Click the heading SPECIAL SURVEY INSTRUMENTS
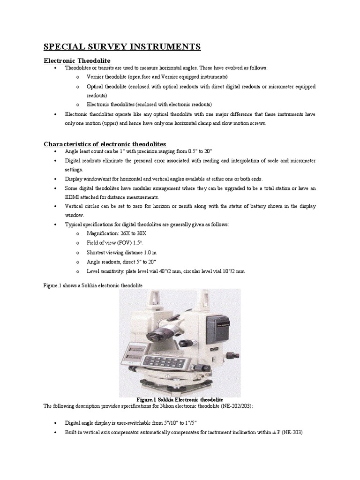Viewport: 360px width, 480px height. point(122,46)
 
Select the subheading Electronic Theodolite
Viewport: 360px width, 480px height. point(77,60)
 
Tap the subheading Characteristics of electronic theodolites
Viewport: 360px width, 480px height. point(105,143)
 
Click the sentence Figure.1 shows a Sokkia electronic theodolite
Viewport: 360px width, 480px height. point(93,285)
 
